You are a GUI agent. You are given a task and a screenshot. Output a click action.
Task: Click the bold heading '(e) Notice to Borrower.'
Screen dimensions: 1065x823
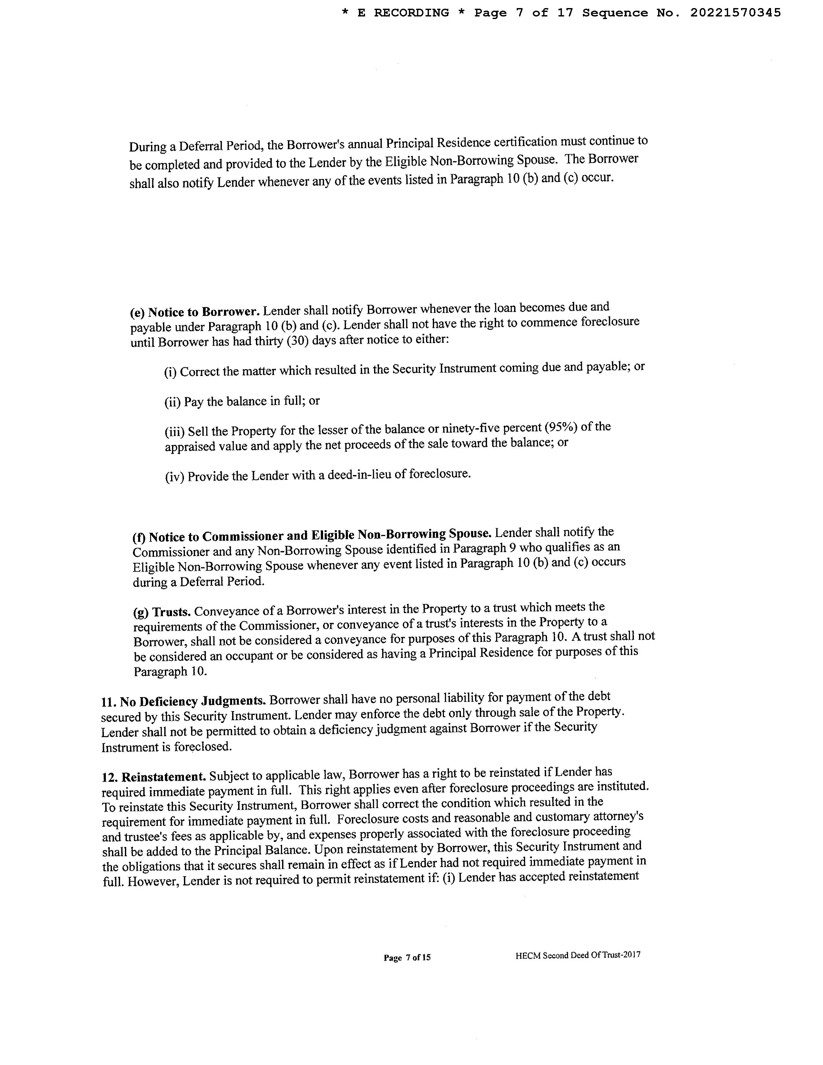click(195, 312)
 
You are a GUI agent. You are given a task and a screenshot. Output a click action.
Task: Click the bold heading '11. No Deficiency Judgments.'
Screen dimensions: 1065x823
click(183, 701)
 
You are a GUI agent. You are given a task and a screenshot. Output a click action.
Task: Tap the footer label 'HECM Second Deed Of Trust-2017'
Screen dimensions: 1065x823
click(578, 955)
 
